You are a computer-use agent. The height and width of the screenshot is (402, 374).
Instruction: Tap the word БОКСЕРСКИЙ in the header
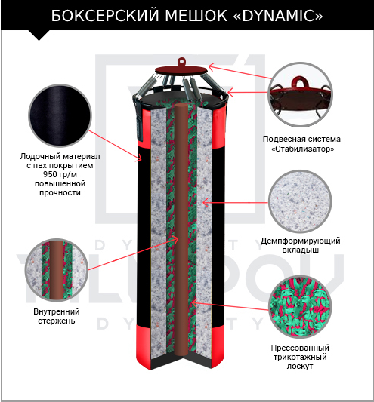point(105,16)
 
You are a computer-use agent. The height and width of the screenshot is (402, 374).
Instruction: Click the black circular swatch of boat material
point(60,116)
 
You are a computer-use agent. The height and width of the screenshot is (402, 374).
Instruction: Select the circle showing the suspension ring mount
point(300,94)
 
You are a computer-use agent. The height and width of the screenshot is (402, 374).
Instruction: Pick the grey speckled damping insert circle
point(300,201)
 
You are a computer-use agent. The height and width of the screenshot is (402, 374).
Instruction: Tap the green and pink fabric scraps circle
point(299,307)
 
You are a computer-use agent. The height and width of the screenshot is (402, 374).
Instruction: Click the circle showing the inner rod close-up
point(57,270)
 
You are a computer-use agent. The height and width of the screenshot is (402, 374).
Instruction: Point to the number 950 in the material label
point(50,174)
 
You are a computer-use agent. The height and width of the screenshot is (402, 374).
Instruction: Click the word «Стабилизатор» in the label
point(303,149)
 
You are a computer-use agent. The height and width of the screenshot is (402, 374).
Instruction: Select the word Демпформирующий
point(300,241)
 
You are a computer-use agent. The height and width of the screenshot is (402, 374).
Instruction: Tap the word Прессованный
point(300,348)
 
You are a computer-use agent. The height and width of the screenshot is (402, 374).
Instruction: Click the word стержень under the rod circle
point(56,321)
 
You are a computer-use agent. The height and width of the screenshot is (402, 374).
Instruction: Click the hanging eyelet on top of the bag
point(181,62)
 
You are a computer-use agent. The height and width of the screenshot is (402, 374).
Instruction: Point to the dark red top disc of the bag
point(181,69)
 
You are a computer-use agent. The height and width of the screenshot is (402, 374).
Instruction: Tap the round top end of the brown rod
point(182,106)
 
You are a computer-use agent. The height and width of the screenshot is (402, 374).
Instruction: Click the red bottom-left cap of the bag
point(144,347)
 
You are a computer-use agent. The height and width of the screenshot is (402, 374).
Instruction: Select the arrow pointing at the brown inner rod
point(133,254)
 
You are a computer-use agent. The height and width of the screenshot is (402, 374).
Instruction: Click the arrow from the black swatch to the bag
point(116,146)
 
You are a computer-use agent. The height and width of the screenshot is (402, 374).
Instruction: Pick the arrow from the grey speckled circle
point(236,203)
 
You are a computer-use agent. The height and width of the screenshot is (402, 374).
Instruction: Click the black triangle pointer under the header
point(39,35)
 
